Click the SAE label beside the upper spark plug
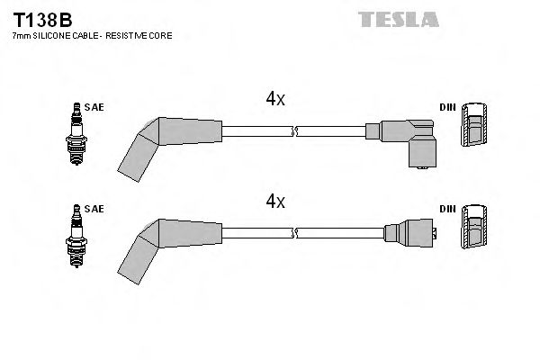[x=94, y=107]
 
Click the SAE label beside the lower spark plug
[x=94, y=210]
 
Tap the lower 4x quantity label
[x=275, y=202]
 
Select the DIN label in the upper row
[x=446, y=107]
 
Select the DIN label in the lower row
[x=446, y=210]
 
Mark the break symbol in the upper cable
[x=294, y=132]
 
